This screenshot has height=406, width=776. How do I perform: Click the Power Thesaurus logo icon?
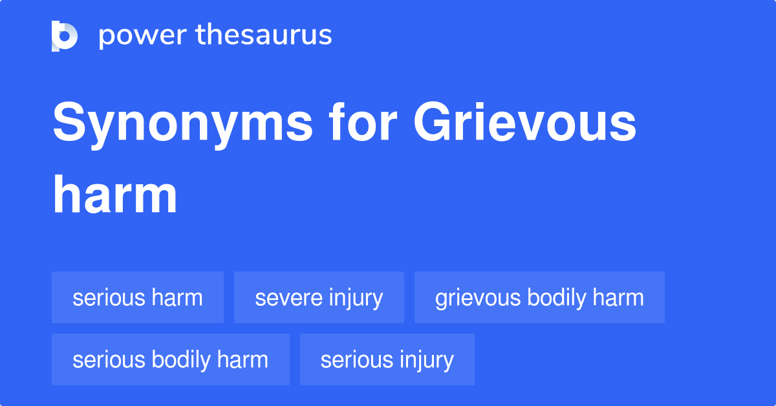point(65,36)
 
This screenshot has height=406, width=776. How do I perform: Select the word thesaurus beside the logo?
point(264,36)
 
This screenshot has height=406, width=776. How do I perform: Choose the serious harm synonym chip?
point(138,297)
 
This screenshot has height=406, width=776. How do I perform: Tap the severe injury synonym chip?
point(319,297)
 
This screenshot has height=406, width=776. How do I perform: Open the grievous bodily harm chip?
point(539,297)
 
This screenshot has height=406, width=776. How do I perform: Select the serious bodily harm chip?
point(171,359)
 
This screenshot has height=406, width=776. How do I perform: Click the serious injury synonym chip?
point(387,359)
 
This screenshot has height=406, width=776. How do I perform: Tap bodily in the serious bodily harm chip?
point(182,359)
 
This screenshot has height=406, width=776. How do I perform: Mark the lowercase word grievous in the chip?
point(479,297)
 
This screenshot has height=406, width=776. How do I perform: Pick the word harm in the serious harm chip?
point(177,297)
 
